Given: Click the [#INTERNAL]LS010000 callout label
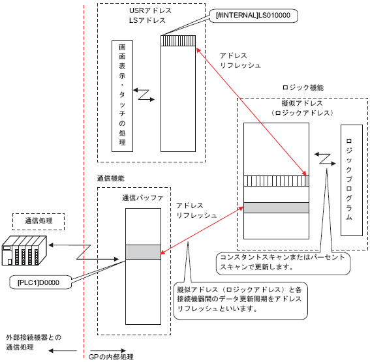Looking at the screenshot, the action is point(253,16).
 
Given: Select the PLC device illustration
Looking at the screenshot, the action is point(24,250).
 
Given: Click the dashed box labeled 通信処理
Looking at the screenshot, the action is point(39,222).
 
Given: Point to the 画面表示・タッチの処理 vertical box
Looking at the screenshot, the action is point(122,96).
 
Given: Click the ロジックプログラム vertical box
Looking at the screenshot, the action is point(352,180).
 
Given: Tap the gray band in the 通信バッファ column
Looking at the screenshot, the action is point(143,252).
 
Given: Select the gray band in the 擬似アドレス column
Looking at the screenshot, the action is point(276,208).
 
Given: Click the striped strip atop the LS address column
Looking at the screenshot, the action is point(178,41).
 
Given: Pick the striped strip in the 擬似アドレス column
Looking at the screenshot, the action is point(276,181).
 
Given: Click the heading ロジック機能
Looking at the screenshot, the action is point(303,88).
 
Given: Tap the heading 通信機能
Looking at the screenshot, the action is point(111,179).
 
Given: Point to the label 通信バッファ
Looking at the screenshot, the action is point(142,198).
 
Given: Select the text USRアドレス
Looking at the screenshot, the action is point(150,10).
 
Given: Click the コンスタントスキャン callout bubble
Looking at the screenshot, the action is point(283,264).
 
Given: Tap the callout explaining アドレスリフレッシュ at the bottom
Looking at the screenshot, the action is point(240,301).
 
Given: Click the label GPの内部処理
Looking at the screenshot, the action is point(111,357).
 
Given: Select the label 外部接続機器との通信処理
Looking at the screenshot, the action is point(33,342).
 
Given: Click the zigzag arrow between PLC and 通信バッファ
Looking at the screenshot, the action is point(84,252).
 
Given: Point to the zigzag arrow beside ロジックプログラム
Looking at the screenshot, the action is point(325,158).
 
